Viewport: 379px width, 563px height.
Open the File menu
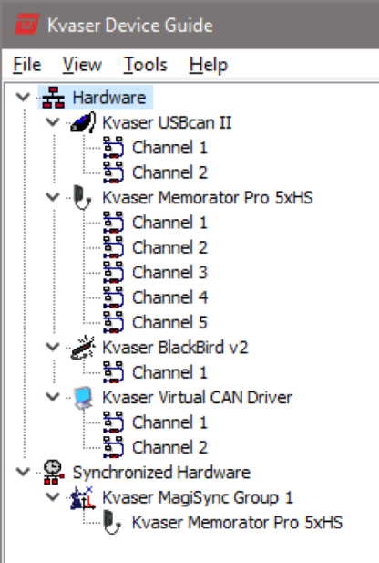27,65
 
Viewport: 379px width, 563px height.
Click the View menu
82,65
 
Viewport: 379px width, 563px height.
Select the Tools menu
145,65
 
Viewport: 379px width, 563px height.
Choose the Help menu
208,65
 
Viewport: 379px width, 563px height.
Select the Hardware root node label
108,98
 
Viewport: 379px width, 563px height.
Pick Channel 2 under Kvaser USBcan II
169,172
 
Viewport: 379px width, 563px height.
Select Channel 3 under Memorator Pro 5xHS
169,272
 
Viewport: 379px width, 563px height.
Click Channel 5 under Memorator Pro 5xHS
169,322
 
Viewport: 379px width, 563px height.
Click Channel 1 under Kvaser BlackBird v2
169,372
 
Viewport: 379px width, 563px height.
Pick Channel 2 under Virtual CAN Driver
169,447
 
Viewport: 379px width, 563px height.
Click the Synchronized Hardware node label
160,473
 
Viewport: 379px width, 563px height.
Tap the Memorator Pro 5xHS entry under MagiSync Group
237,523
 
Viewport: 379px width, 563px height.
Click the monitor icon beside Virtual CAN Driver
82,398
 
